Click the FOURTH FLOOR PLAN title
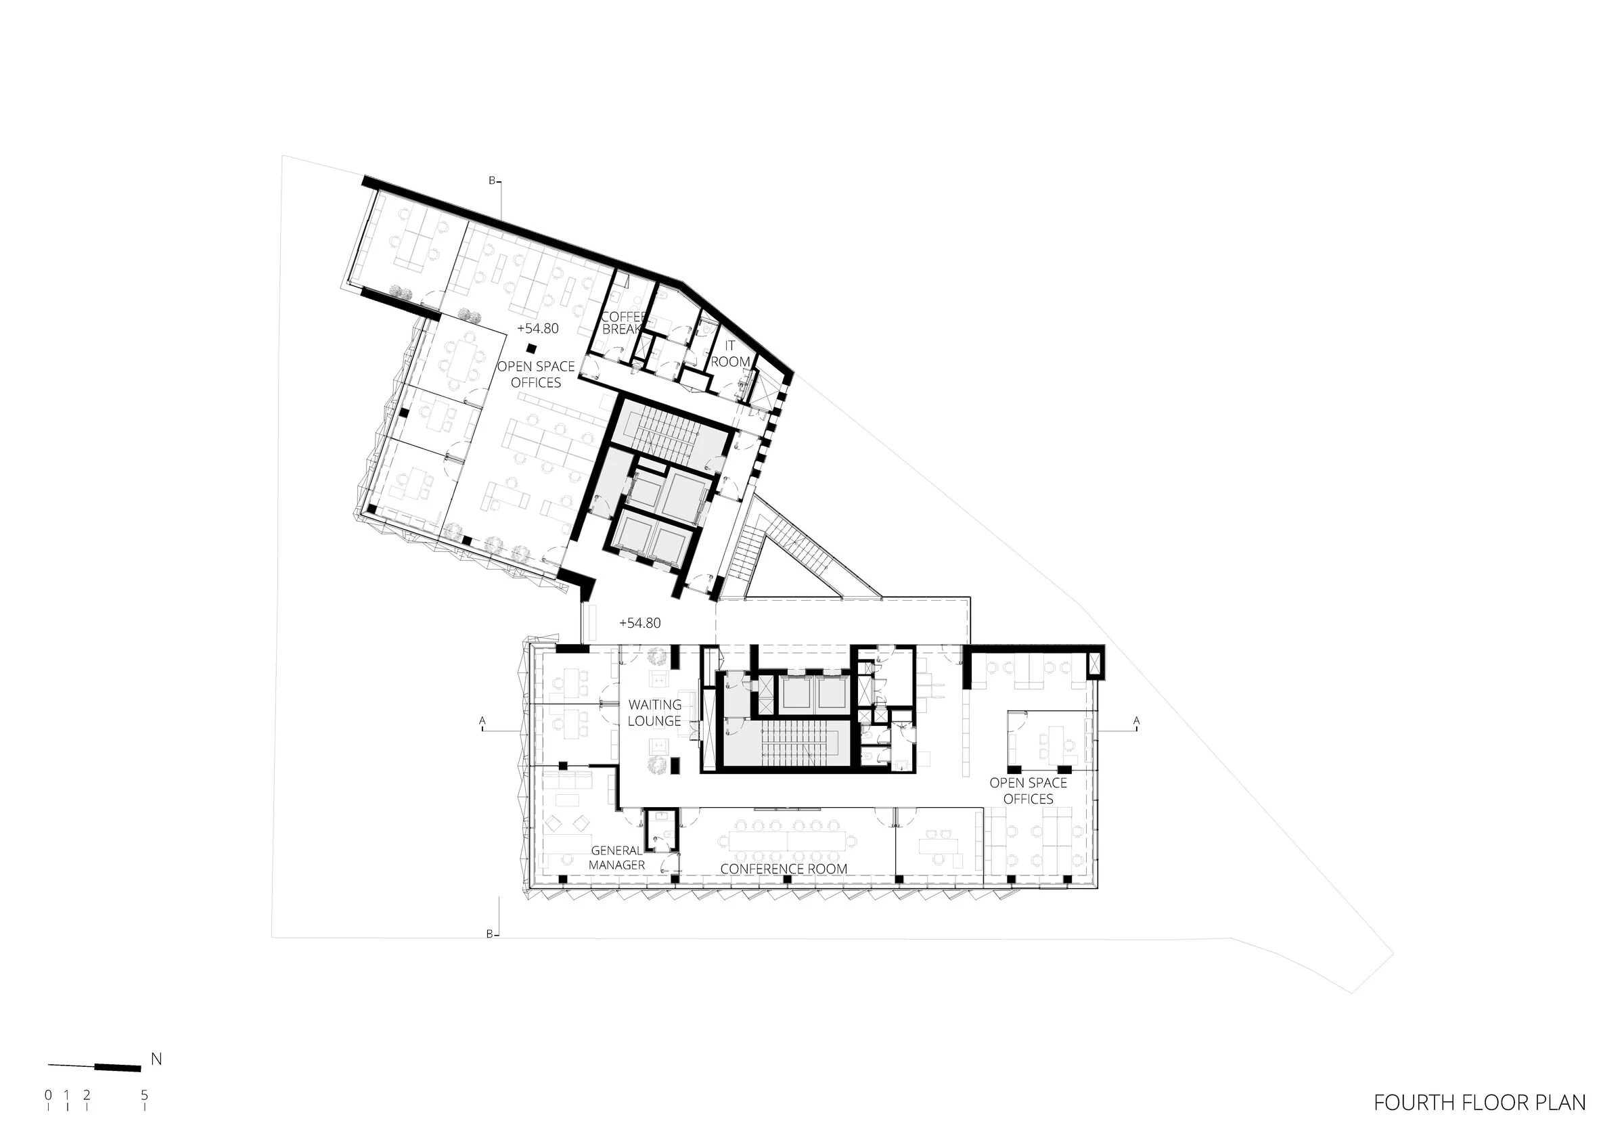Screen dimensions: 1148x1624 (x=1480, y=1103)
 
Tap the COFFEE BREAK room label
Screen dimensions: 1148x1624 (x=623, y=323)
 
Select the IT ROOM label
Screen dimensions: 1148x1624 (x=730, y=354)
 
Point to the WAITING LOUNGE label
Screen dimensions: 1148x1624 (x=655, y=713)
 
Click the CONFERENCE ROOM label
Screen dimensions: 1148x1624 (x=784, y=869)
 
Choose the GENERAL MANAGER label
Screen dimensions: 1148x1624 (x=616, y=858)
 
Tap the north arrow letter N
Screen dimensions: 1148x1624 (x=156, y=1059)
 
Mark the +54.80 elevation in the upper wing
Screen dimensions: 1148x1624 (x=537, y=329)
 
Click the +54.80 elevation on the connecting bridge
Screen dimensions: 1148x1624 (x=639, y=623)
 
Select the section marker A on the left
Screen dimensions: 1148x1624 (x=482, y=720)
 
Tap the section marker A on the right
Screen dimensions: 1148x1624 (x=1137, y=720)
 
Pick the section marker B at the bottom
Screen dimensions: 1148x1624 (x=489, y=934)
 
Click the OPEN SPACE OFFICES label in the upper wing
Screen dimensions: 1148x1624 (x=535, y=374)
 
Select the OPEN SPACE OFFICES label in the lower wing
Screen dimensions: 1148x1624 (x=1028, y=791)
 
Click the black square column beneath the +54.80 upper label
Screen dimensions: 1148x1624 (x=531, y=348)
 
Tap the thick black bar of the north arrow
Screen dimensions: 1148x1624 (x=118, y=1066)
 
